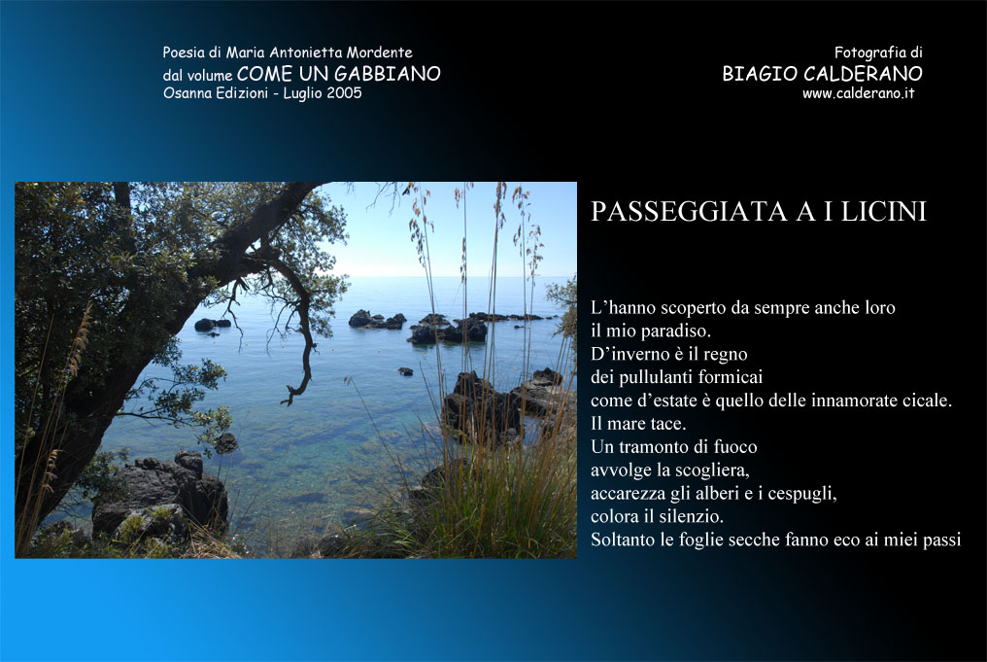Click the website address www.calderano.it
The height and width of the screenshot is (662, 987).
click(x=858, y=93)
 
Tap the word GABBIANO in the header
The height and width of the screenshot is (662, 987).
click(x=387, y=74)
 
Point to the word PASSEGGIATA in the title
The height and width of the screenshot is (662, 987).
click(x=689, y=212)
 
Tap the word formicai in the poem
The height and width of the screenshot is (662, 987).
click(x=727, y=376)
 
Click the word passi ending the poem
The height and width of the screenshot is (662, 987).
click(x=941, y=540)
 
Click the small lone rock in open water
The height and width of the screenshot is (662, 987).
click(x=405, y=371)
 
